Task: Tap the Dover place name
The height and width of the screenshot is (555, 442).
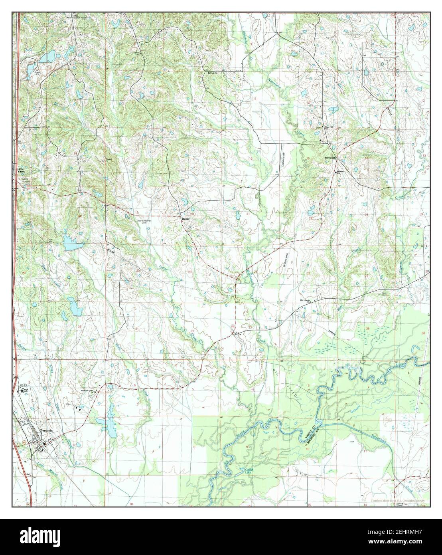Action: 185,219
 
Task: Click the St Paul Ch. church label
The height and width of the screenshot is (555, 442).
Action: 210,73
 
